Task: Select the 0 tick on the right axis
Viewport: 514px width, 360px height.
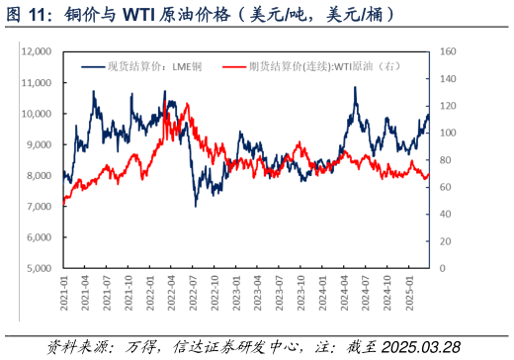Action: (x=442, y=268)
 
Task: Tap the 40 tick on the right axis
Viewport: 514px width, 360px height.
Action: (x=444, y=214)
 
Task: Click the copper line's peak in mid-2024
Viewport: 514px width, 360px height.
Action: (x=354, y=88)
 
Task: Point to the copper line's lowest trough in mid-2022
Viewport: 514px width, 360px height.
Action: (x=195, y=205)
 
